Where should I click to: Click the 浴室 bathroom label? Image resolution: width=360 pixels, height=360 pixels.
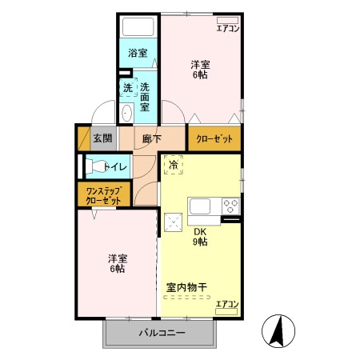coord(138,54)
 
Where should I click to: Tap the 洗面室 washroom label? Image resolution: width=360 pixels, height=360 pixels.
coord(145,95)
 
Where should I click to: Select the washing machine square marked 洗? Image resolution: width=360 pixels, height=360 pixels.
coord(127,87)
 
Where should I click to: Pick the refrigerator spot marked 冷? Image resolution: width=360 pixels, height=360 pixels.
coord(174,166)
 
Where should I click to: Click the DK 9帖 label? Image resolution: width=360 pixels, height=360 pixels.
coord(199,237)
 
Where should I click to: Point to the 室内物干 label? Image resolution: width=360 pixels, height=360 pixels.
coord(187,286)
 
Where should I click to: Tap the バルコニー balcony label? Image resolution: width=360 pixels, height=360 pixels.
coord(162,332)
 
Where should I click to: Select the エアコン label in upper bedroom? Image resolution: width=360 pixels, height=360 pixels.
coord(228,29)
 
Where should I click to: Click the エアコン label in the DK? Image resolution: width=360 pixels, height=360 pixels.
coord(227,304)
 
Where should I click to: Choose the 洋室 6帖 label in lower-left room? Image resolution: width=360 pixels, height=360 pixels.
coord(118,264)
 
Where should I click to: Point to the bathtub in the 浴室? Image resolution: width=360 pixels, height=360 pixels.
coord(138,26)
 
